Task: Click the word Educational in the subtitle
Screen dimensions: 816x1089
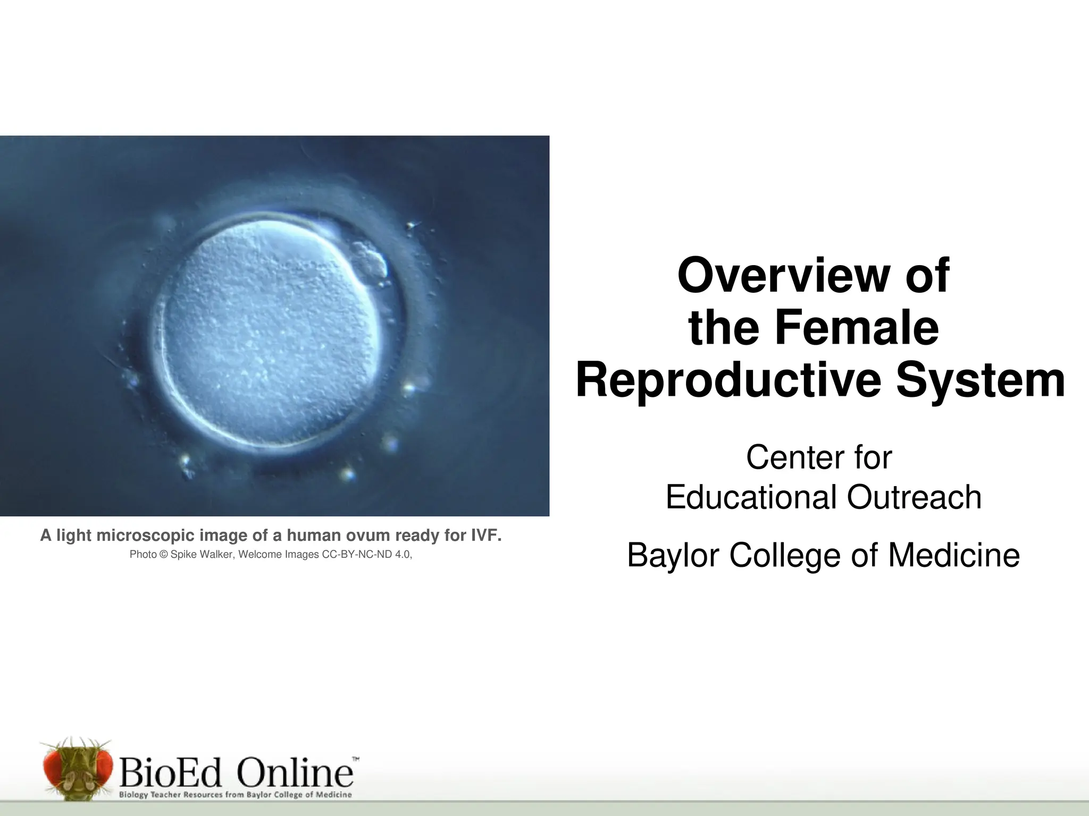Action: pos(751,497)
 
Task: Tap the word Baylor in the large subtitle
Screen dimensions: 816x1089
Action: pos(673,556)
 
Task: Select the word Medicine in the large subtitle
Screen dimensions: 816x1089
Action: pos(954,556)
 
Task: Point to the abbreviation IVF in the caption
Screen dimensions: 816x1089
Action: pos(487,535)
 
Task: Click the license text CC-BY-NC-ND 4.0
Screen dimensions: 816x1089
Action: pos(366,555)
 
